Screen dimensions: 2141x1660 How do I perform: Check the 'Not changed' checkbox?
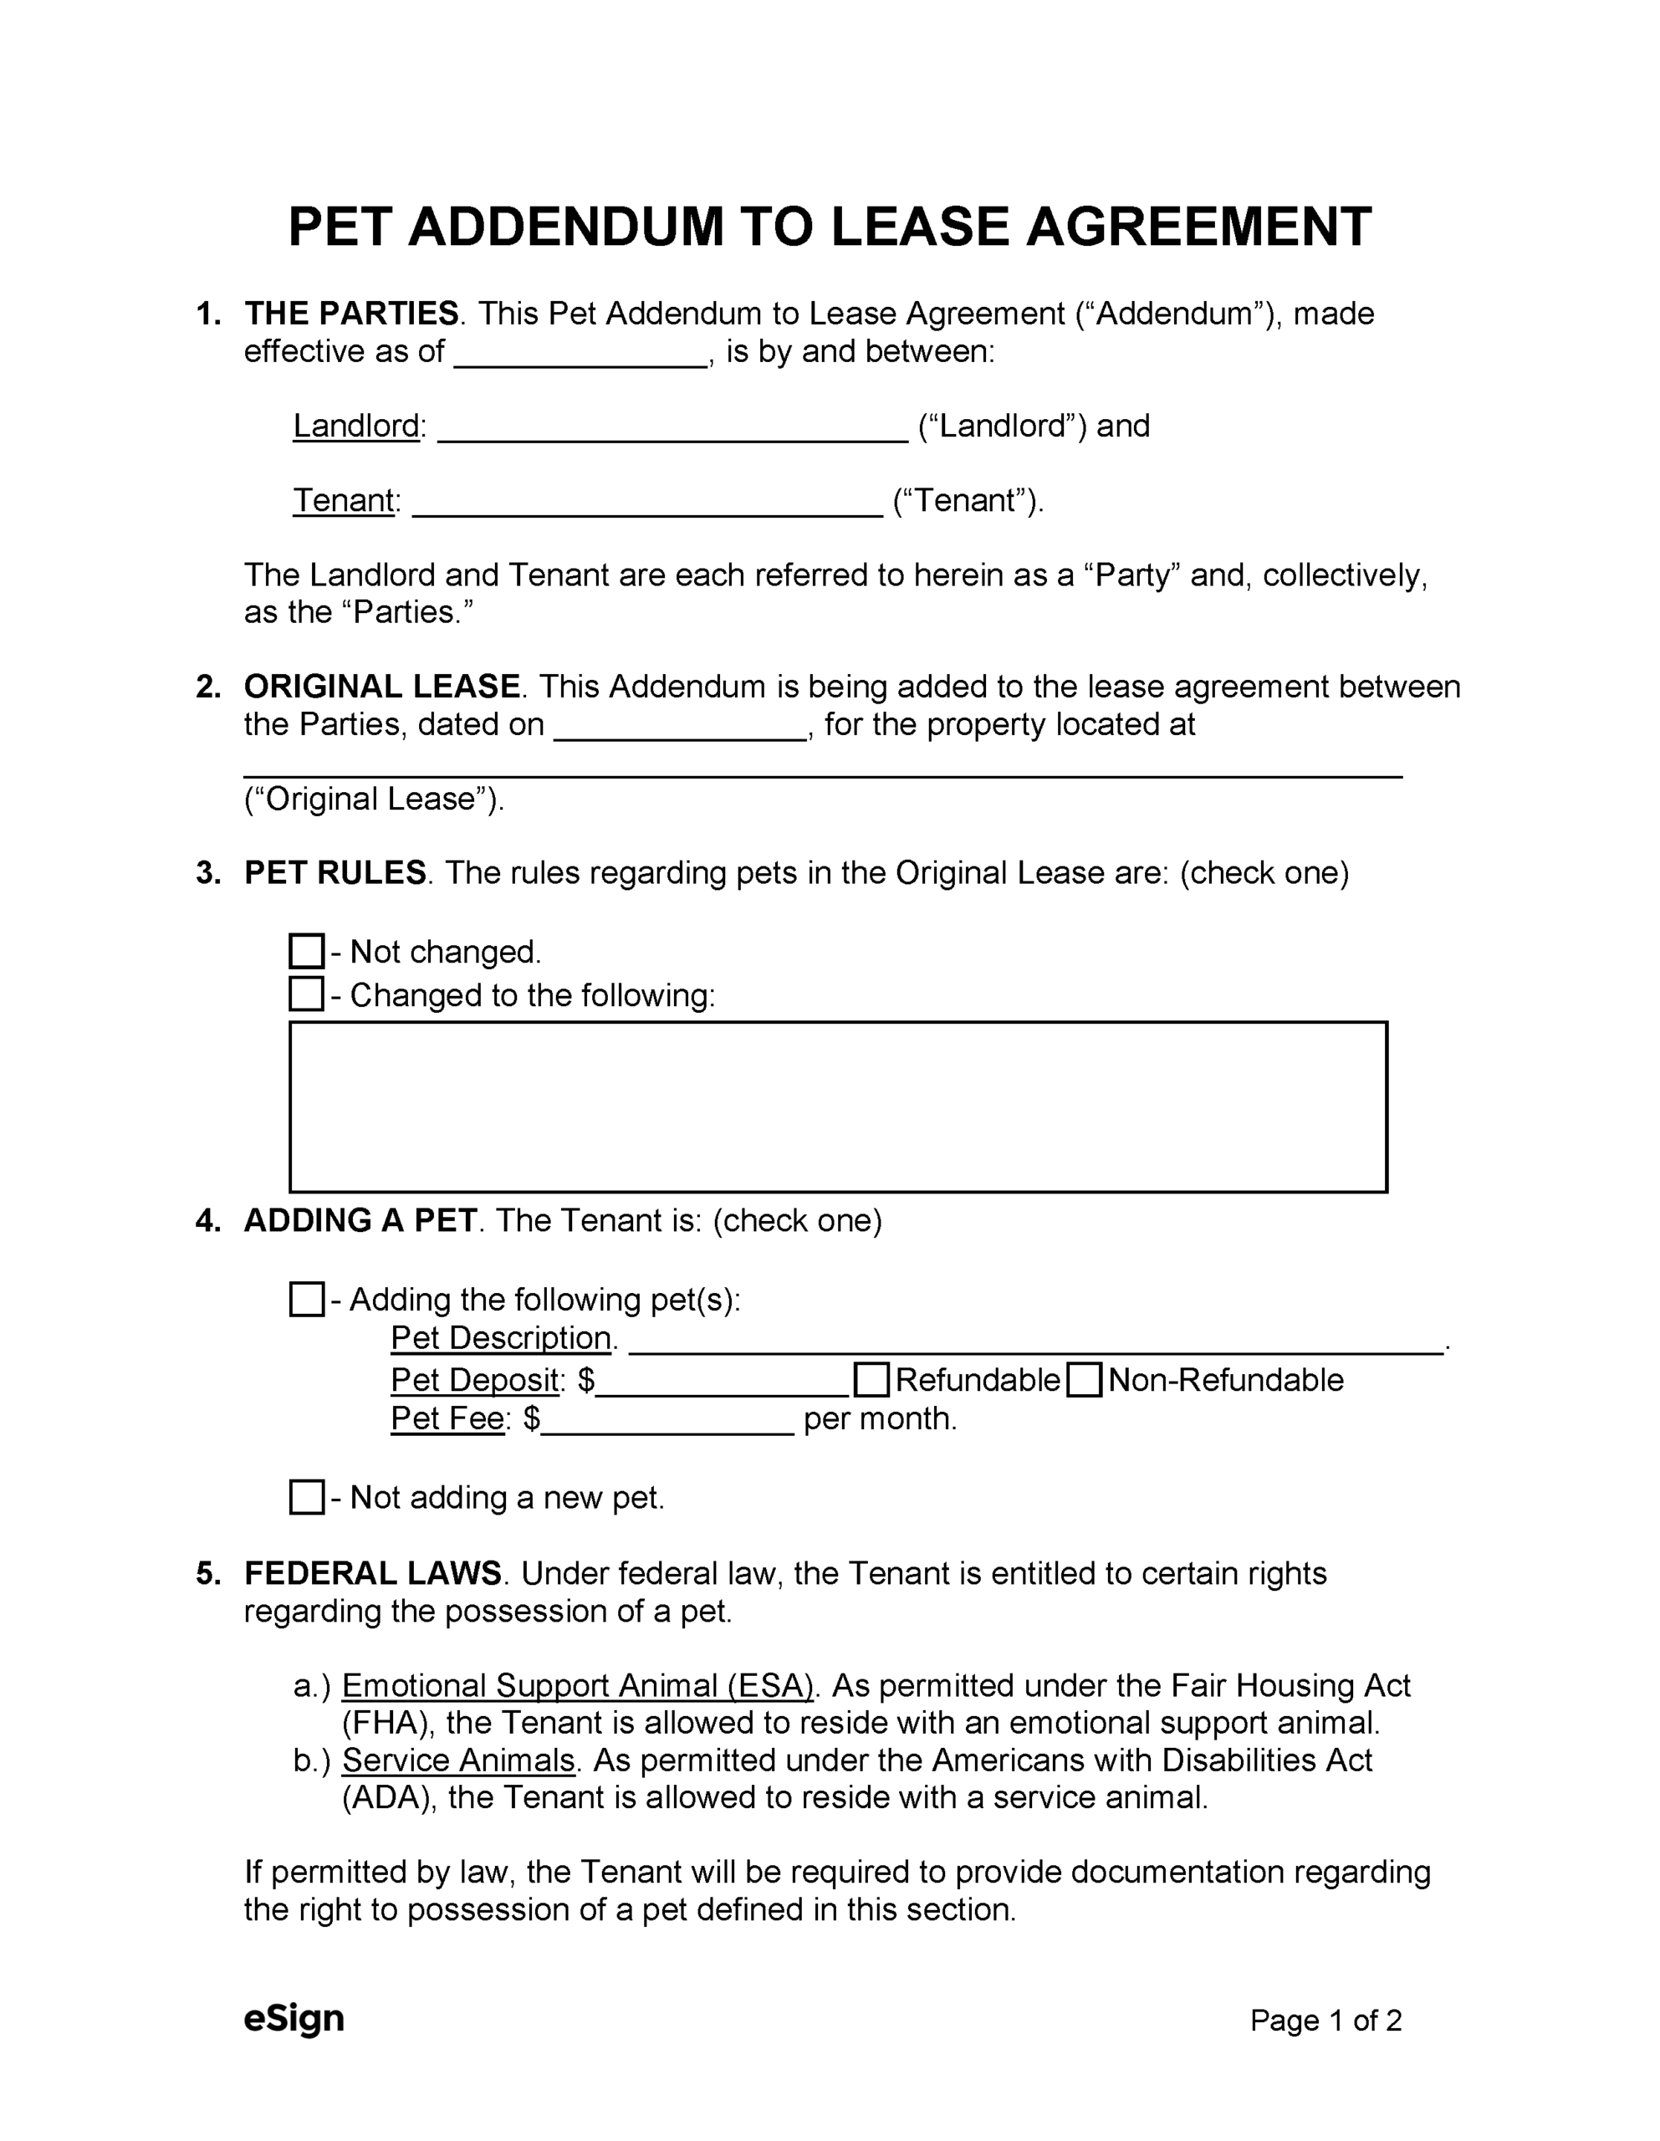click(306, 951)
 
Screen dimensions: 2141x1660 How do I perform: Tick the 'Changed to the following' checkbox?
click(306, 994)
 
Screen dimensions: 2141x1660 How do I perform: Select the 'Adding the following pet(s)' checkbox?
click(306, 1299)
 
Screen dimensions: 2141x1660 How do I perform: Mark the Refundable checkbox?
click(871, 1379)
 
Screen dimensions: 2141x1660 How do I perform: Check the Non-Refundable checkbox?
click(1084, 1379)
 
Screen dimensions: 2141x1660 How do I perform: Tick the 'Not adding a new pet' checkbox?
click(306, 1497)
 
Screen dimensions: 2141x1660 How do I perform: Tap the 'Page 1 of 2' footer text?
click(1325, 2021)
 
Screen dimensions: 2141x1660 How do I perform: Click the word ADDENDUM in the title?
click(564, 227)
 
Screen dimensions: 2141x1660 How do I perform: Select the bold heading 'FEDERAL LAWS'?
click(373, 1573)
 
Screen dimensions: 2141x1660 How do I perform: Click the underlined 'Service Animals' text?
click(458, 1760)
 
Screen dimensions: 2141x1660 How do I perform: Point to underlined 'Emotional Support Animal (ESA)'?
click(579, 1685)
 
